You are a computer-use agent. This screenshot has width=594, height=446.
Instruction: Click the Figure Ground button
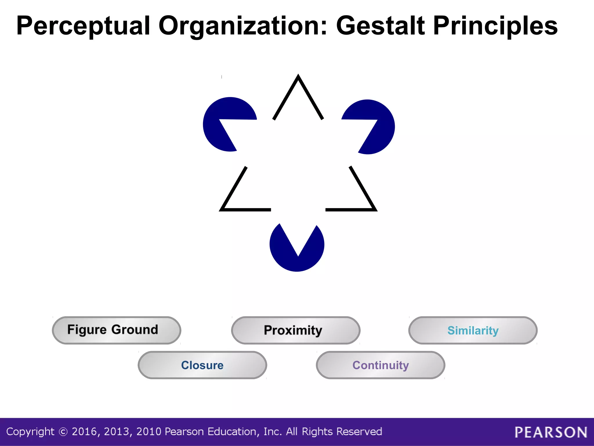(116, 330)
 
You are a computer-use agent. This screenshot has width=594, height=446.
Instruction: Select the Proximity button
(296, 330)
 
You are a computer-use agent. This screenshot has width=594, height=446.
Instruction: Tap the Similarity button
(473, 330)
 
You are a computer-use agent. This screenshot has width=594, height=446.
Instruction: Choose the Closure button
(202, 365)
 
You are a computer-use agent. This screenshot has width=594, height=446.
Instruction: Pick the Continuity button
(381, 365)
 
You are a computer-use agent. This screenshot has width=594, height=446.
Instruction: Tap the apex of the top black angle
(298, 76)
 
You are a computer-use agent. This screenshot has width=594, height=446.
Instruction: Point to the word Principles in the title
(495, 26)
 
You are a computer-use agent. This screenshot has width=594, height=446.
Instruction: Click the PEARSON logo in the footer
(551, 432)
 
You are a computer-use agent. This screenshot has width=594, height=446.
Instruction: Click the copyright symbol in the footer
(63, 432)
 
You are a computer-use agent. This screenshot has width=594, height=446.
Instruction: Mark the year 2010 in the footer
(149, 432)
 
